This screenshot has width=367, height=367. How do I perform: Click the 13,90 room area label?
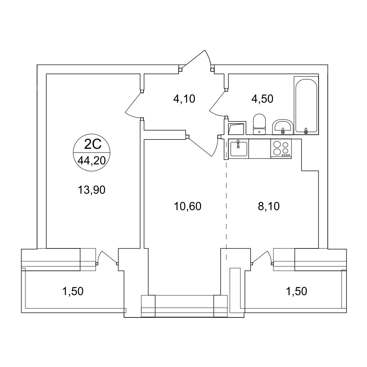(91, 190)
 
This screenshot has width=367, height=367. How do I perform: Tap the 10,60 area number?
(188, 206)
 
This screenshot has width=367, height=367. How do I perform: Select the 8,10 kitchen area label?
(269, 206)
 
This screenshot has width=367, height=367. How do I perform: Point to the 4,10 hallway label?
(184, 99)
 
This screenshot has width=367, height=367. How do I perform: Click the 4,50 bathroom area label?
(262, 99)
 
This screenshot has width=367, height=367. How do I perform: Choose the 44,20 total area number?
(91, 161)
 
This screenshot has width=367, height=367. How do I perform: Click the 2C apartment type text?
(93, 144)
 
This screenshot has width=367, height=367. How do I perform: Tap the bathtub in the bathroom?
(306, 106)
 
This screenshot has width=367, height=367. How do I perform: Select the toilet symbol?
(259, 124)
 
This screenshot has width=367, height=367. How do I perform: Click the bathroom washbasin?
(283, 127)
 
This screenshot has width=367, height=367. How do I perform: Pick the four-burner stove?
(281, 149)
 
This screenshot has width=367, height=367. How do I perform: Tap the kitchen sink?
(239, 149)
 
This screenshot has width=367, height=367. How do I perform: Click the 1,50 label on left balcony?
(73, 291)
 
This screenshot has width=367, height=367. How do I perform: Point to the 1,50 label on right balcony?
(297, 291)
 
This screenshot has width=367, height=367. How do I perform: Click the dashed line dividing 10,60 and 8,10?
(226, 210)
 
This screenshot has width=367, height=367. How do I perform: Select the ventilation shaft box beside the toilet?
(237, 128)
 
